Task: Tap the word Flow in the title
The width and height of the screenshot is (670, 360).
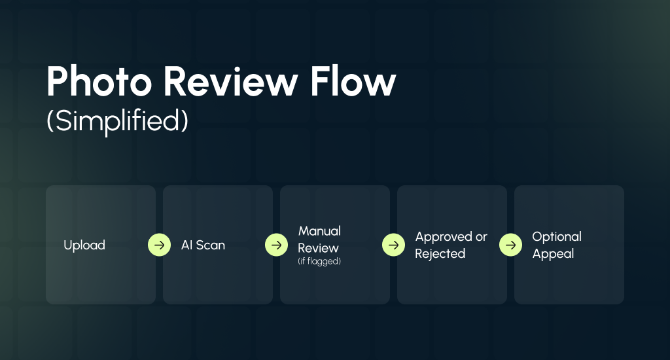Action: (363, 83)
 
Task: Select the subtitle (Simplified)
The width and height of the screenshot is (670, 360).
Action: (117, 122)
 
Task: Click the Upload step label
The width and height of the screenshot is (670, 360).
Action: (84, 245)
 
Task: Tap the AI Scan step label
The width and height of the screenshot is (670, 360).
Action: (203, 245)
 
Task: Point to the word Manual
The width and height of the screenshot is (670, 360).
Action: (319, 231)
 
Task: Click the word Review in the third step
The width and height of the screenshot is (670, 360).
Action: (319, 248)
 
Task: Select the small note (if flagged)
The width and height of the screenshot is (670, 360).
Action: (319, 262)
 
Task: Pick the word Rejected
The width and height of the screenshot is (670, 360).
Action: (440, 254)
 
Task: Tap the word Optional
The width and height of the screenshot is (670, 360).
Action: (557, 237)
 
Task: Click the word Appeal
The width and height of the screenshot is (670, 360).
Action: (553, 254)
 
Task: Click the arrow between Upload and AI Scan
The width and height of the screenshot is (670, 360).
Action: (159, 245)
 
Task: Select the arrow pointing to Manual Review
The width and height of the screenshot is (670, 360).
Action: (276, 245)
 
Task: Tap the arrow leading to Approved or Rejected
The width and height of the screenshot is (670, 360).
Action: (393, 245)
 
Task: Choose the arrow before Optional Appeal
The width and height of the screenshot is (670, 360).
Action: (510, 245)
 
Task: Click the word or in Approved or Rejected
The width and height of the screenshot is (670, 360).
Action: (482, 237)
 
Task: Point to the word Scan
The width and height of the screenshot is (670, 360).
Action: (211, 245)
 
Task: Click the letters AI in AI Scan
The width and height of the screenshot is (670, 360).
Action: (186, 245)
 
